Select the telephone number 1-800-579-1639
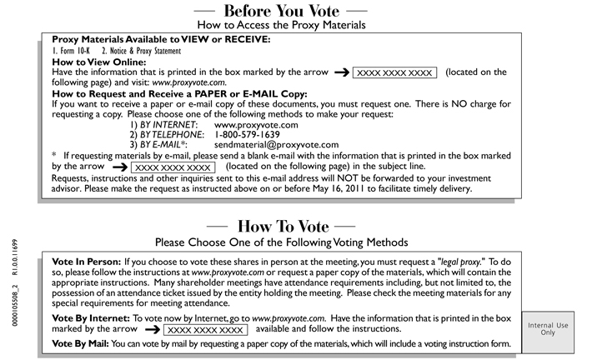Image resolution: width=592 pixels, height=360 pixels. coord(247,133)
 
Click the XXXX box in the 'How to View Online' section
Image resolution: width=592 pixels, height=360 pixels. coord(394,73)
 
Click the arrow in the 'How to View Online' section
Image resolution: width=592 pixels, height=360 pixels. coord(341,73)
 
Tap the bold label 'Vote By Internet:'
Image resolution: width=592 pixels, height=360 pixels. coord(90,318)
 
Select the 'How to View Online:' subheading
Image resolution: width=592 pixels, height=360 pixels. coord(99,62)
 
